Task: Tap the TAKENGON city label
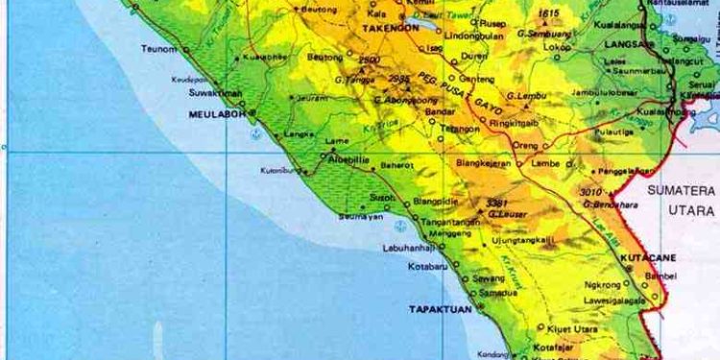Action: tap(385, 30)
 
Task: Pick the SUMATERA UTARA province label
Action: tap(681, 200)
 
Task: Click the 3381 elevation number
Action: tap(495, 203)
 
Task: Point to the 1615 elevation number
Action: tap(548, 13)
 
